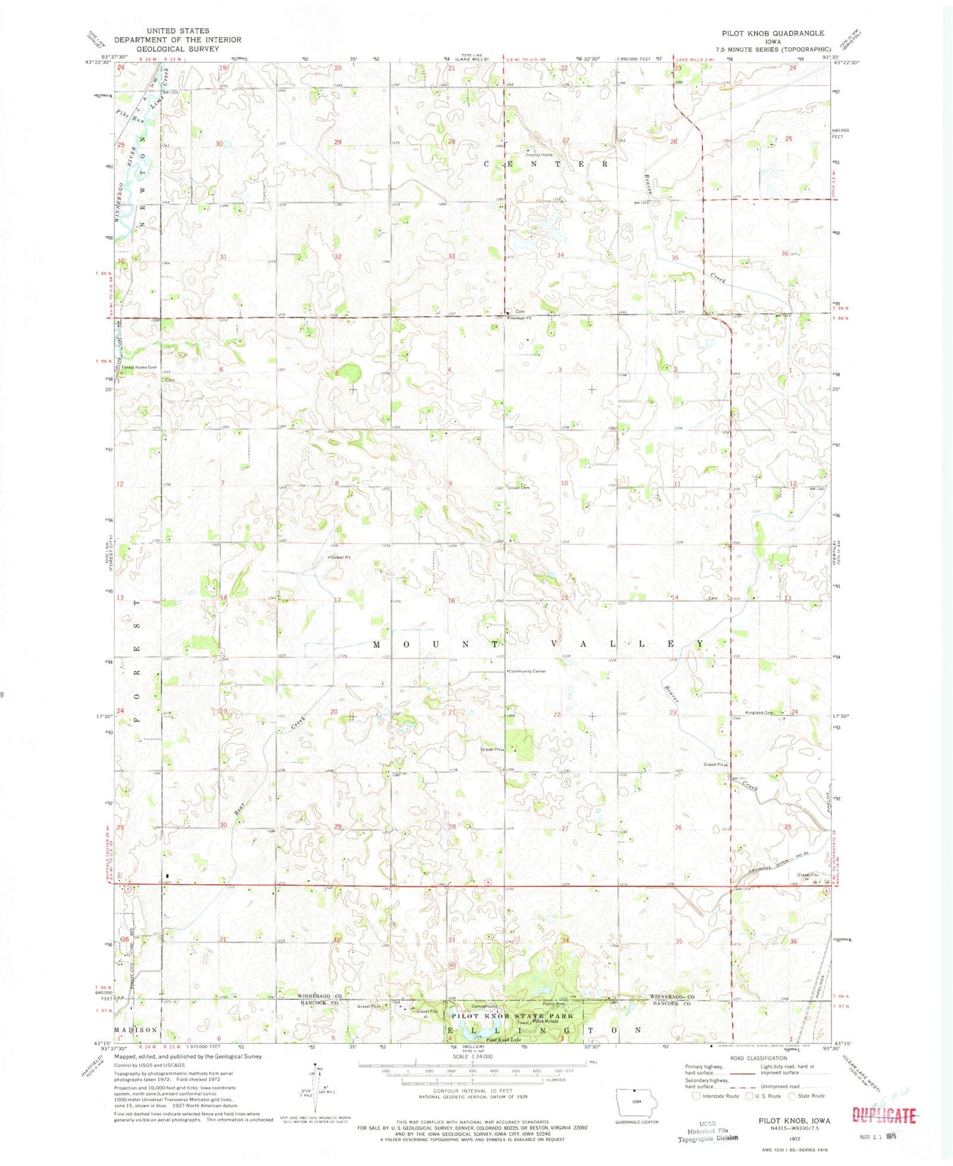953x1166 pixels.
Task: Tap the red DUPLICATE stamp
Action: pos(884,1115)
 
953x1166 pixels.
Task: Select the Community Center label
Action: pos(527,671)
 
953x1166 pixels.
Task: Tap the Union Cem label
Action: pos(519,488)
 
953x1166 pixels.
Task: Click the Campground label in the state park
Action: pos(484,1006)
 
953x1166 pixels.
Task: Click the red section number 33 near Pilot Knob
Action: pos(452,940)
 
